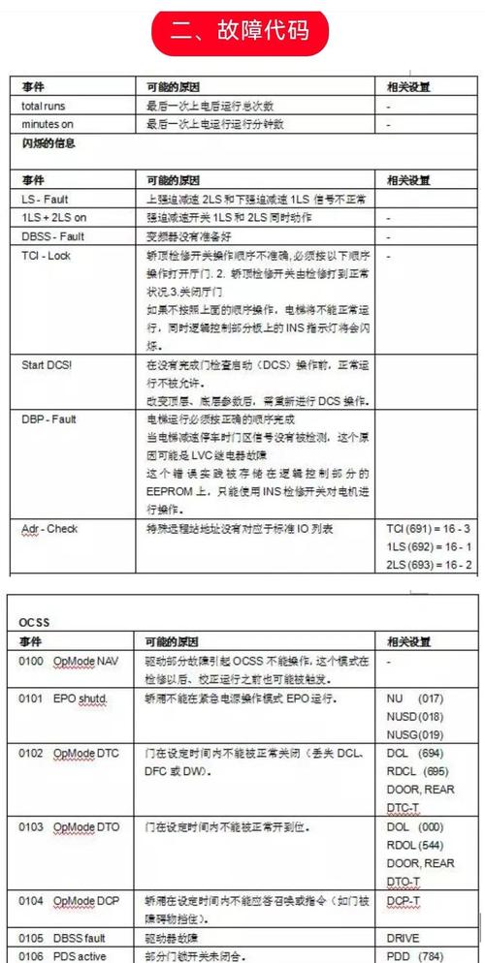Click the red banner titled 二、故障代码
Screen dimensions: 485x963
coord(242,31)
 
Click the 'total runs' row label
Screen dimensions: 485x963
coord(44,106)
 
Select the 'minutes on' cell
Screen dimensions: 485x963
coord(48,124)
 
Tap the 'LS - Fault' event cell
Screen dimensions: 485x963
coord(45,200)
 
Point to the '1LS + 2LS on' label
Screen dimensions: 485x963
coord(54,218)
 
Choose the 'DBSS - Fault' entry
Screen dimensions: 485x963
coord(52,237)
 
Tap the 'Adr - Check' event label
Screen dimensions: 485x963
coord(49,529)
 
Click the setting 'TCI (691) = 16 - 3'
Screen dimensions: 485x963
coord(428,530)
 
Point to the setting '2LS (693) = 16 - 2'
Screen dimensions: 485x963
coord(428,565)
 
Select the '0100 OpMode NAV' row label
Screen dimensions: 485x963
coord(67,661)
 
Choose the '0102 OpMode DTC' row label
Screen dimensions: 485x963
coord(67,753)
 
